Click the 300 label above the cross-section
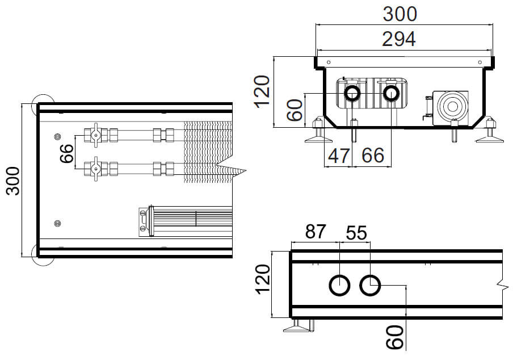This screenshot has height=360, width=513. (399, 13)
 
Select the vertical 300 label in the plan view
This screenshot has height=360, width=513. (12, 181)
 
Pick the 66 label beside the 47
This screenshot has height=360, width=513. (372, 155)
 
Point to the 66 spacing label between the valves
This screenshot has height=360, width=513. (67, 153)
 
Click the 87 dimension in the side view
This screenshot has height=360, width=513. (316, 232)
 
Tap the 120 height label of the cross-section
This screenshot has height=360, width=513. (262, 92)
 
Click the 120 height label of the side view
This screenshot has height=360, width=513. (262, 283)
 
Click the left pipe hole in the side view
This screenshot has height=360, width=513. (339, 285)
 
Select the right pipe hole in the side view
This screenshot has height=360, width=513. (370, 285)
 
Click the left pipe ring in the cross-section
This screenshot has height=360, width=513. (352, 94)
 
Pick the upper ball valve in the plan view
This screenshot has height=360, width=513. (95, 135)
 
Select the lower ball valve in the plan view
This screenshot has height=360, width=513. (95, 169)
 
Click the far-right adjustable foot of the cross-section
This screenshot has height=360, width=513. (489, 132)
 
